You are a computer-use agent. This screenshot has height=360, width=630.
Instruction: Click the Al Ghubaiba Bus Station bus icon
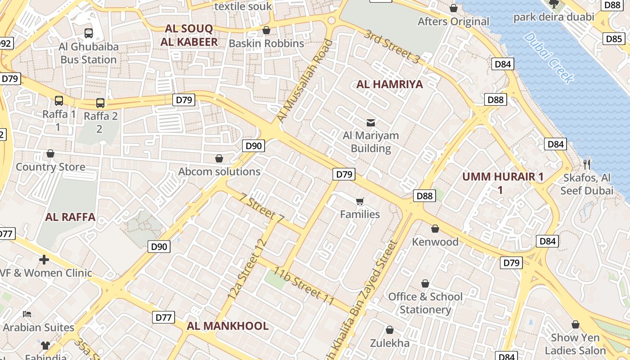click(x=89, y=33)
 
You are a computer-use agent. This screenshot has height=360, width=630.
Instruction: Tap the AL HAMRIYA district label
click(x=390, y=84)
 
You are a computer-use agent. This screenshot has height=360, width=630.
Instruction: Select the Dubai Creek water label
click(x=549, y=58)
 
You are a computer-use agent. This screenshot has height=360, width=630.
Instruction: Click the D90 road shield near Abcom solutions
click(x=254, y=146)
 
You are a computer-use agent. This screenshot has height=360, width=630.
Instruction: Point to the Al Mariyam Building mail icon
click(x=371, y=122)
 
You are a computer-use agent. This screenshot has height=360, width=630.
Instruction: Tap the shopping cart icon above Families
click(x=360, y=201)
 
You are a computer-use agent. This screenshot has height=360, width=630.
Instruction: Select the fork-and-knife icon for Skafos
click(x=586, y=164)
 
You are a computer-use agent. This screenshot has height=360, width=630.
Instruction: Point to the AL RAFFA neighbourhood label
click(x=70, y=217)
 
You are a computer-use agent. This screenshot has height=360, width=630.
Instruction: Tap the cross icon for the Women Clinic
click(x=44, y=260)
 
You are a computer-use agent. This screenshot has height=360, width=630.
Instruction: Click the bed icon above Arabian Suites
click(x=27, y=314)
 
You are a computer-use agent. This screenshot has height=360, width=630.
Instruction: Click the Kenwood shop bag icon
click(x=435, y=229)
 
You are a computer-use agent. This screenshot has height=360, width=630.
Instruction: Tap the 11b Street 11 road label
click(x=305, y=287)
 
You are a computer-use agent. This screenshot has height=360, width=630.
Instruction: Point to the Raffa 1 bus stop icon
click(x=59, y=101)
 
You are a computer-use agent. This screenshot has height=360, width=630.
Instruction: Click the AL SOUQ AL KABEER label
click(x=189, y=35)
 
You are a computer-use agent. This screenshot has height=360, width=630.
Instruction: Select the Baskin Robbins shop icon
click(x=266, y=30)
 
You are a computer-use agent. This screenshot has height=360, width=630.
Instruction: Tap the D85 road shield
click(x=614, y=39)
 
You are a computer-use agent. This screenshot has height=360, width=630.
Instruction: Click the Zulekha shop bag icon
click(x=390, y=330)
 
